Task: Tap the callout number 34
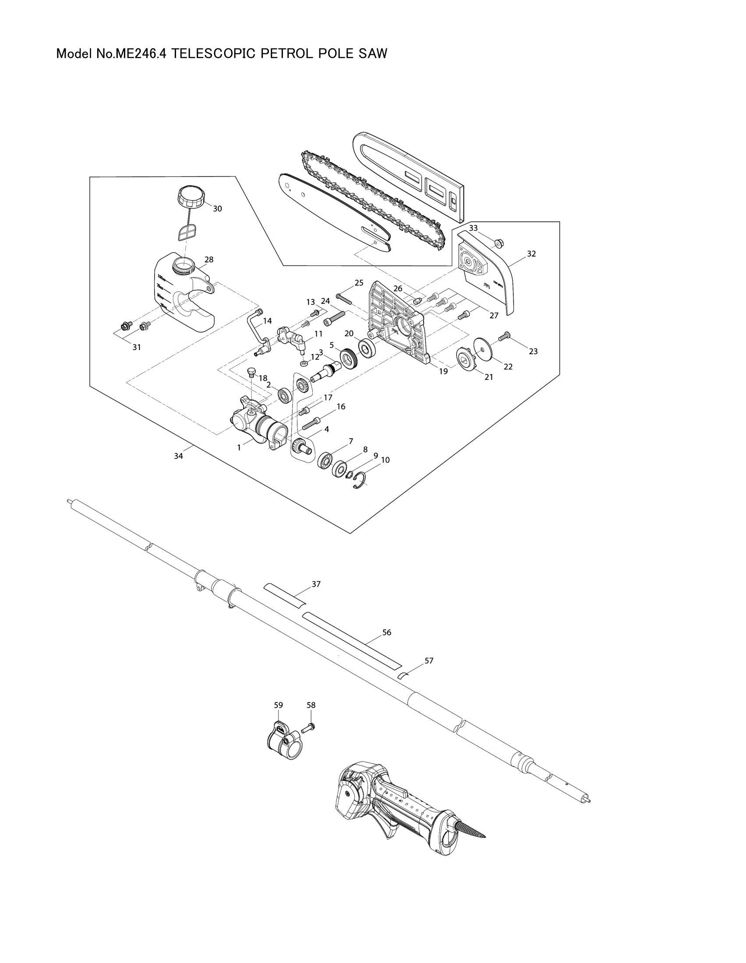(x=178, y=457)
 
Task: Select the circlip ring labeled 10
(x=361, y=480)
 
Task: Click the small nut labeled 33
(x=499, y=242)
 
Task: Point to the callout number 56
(x=386, y=633)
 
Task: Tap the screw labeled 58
(x=308, y=729)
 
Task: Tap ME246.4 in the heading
(x=141, y=54)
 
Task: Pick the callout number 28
(x=209, y=260)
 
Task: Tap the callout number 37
(x=316, y=584)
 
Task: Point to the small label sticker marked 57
(x=403, y=675)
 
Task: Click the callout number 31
(x=137, y=348)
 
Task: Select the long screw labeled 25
(x=343, y=299)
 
